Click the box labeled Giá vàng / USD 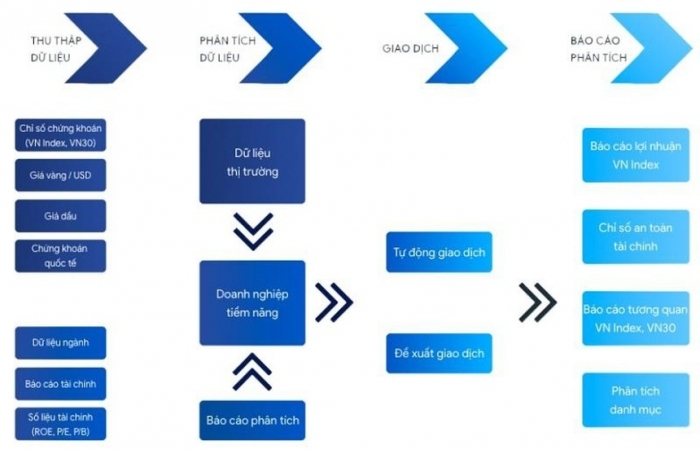click(60, 175)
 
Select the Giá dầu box click(60, 216)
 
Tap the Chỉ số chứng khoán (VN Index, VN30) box click(60, 135)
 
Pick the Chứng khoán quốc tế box click(60, 256)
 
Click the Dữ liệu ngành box click(60, 343)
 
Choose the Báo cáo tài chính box click(60, 384)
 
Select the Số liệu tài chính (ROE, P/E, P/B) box click(60, 424)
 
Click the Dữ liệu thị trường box click(252, 161)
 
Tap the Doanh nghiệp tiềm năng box click(252, 303)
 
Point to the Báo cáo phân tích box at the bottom click(252, 421)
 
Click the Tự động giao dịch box click(439, 252)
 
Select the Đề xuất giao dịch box click(439, 354)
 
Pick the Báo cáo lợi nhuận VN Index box click(636, 155)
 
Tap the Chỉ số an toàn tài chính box click(636, 237)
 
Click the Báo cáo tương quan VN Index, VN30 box click(636, 319)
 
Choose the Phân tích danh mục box click(636, 400)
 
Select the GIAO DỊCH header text click(410, 48)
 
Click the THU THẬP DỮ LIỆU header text click(56, 49)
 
